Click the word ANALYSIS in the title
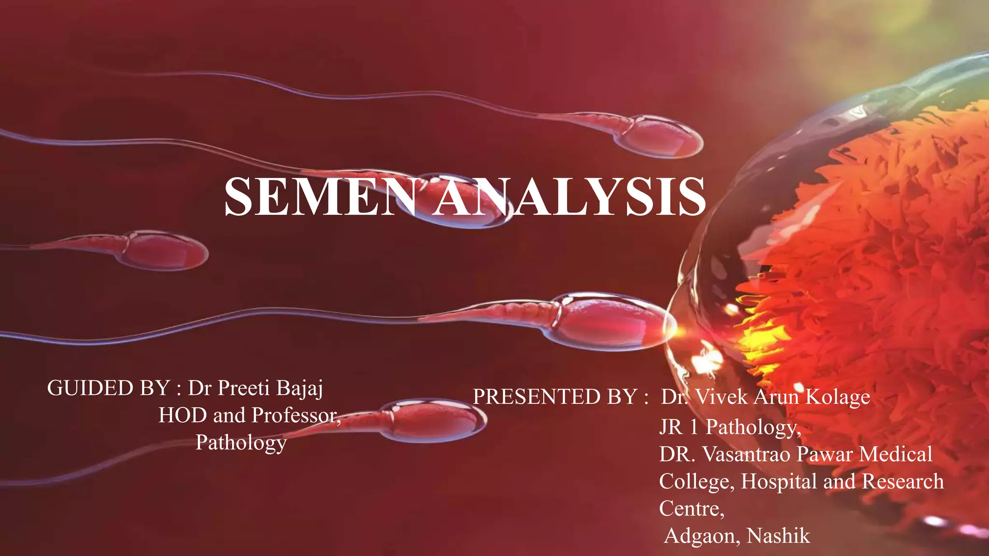[570, 196]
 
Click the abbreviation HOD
[183, 415]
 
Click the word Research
[903, 481]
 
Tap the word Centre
[691, 508]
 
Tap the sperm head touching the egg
[613, 321]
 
